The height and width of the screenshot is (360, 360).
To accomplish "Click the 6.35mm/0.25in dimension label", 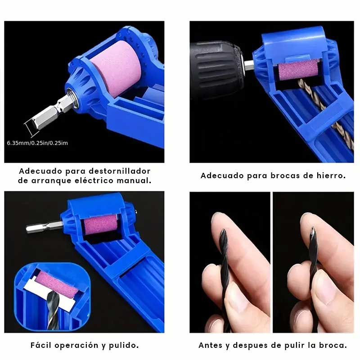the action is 37,143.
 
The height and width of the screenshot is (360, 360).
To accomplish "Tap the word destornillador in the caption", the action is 120,171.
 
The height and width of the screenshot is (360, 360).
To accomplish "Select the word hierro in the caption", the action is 331,175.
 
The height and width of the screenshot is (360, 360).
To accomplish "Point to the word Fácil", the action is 41,345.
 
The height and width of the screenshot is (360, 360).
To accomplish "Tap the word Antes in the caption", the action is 209,345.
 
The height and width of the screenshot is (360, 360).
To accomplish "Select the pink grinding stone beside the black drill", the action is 298,71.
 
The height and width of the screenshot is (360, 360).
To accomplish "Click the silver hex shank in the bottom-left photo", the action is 44,226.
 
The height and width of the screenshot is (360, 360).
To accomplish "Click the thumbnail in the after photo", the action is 306,220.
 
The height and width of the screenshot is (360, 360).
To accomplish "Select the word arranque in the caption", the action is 51,181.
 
